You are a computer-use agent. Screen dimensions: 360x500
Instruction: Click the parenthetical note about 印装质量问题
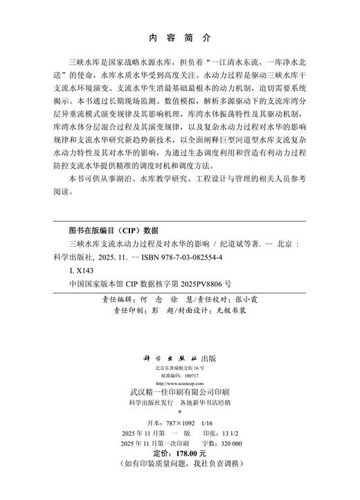(x=181, y=482)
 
